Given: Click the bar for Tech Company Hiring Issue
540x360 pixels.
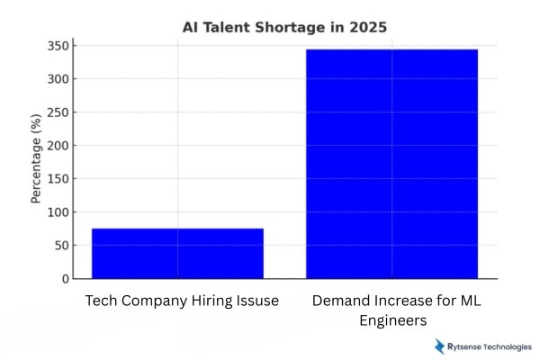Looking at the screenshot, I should (x=177, y=253).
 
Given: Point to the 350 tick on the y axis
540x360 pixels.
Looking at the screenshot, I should (x=57, y=45).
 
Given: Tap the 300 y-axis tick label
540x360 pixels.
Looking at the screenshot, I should (x=57, y=78).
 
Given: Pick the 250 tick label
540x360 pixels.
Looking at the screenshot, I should (x=57, y=112).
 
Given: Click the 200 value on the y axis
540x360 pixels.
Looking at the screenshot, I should (x=57, y=145).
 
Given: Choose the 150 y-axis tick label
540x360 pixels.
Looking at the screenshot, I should (x=57, y=178).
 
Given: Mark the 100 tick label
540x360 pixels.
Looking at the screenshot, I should (x=57, y=211).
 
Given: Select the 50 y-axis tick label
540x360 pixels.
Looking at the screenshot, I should (x=60, y=245).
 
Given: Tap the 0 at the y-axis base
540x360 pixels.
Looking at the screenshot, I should (x=64, y=278).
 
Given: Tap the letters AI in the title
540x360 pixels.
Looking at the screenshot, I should (x=191, y=27).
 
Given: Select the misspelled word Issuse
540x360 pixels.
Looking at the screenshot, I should (x=253, y=300).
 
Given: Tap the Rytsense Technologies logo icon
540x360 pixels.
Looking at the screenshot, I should (x=440, y=346).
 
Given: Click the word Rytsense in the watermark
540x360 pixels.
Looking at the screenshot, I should (x=465, y=346).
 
